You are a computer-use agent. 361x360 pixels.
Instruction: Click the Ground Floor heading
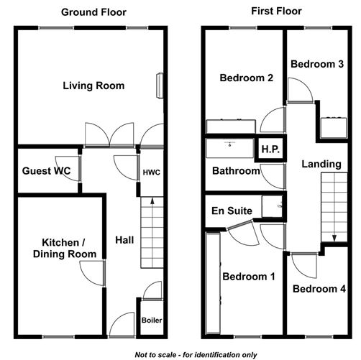point(93,11)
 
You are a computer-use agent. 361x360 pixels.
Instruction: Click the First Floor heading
point(276,11)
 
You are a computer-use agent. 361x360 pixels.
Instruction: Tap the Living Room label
point(93,86)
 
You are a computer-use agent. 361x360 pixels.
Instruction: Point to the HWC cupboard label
point(151,173)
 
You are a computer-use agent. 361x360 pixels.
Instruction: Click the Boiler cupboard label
point(152,320)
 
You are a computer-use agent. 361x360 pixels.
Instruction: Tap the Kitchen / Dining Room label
point(59,248)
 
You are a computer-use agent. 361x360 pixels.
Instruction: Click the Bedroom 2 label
point(246,78)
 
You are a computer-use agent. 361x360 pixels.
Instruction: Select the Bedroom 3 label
point(316,64)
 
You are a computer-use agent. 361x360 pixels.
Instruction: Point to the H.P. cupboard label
point(270,149)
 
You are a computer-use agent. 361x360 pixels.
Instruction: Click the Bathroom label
point(236,171)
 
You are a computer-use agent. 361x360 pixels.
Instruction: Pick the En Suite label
point(232,211)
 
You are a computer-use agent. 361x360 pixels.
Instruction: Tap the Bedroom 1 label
point(248,276)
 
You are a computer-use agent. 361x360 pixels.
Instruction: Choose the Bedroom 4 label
point(320,289)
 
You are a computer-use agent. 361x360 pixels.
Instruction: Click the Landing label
point(321,164)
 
